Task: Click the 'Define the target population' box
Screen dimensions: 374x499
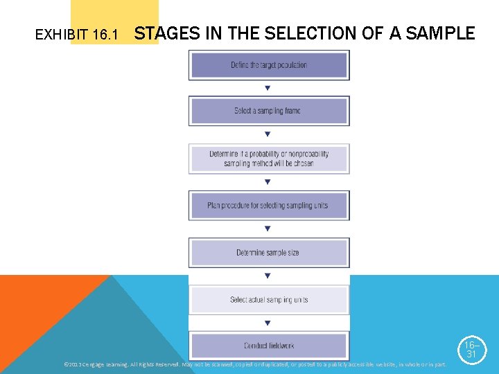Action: click(269, 65)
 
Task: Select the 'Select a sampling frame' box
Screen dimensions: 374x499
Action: click(269, 111)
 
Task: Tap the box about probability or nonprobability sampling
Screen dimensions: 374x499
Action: click(269, 159)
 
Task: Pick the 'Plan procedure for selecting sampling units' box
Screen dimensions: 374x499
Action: click(269, 206)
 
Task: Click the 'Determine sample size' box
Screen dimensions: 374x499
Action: click(269, 253)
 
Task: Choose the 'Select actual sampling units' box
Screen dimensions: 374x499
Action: click(269, 300)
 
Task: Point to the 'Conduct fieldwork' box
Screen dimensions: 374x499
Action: click(269, 346)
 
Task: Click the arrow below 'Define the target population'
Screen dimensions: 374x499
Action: click(268, 88)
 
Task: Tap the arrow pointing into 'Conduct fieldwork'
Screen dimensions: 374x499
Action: click(268, 323)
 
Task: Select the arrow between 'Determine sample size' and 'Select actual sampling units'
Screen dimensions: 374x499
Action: click(268, 276)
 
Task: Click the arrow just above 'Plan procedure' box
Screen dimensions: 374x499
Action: click(268, 182)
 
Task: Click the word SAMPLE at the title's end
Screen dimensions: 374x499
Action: click(441, 33)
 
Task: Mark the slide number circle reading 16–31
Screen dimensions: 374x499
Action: click(471, 349)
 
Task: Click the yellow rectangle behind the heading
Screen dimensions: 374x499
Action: click(114, 14)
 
